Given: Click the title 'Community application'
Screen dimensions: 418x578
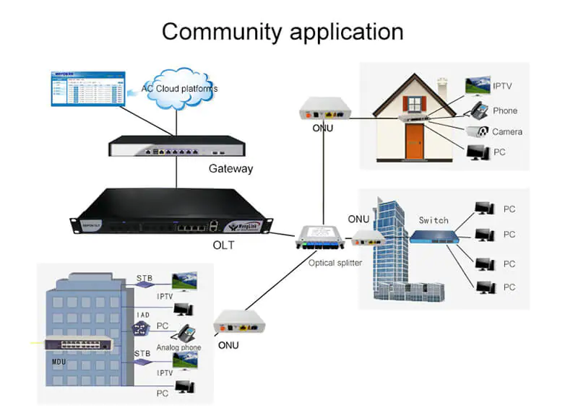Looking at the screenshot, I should [x=282, y=32].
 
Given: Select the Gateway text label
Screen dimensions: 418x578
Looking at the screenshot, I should [x=230, y=169].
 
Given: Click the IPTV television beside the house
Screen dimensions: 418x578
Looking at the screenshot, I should [x=478, y=87].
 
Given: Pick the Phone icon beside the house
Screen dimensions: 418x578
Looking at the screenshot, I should [x=478, y=110].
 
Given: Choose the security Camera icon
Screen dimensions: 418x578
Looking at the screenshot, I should [x=478, y=131].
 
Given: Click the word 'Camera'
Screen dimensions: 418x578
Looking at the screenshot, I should [x=506, y=132].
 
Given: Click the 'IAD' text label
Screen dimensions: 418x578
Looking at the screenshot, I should [x=143, y=315].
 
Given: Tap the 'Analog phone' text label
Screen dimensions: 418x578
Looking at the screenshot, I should [x=178, y=348].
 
